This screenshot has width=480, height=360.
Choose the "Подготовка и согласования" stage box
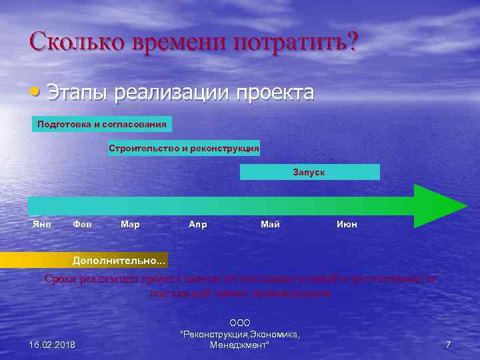102,124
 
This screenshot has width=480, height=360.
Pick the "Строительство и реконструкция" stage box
184,148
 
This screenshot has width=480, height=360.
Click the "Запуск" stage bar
309,172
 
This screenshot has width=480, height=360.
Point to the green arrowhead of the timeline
437,206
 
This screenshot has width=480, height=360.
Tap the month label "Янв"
42,224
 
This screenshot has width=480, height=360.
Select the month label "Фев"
82,224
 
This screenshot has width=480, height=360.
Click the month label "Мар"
130,224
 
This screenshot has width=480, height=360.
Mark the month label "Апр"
198,224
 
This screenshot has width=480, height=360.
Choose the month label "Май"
270,224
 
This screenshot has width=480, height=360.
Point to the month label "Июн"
347,224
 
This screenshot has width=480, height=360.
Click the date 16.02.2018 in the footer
53,345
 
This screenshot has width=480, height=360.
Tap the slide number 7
448,345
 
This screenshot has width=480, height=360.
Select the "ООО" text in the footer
239,323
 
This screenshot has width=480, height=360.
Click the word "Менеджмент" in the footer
239,345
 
